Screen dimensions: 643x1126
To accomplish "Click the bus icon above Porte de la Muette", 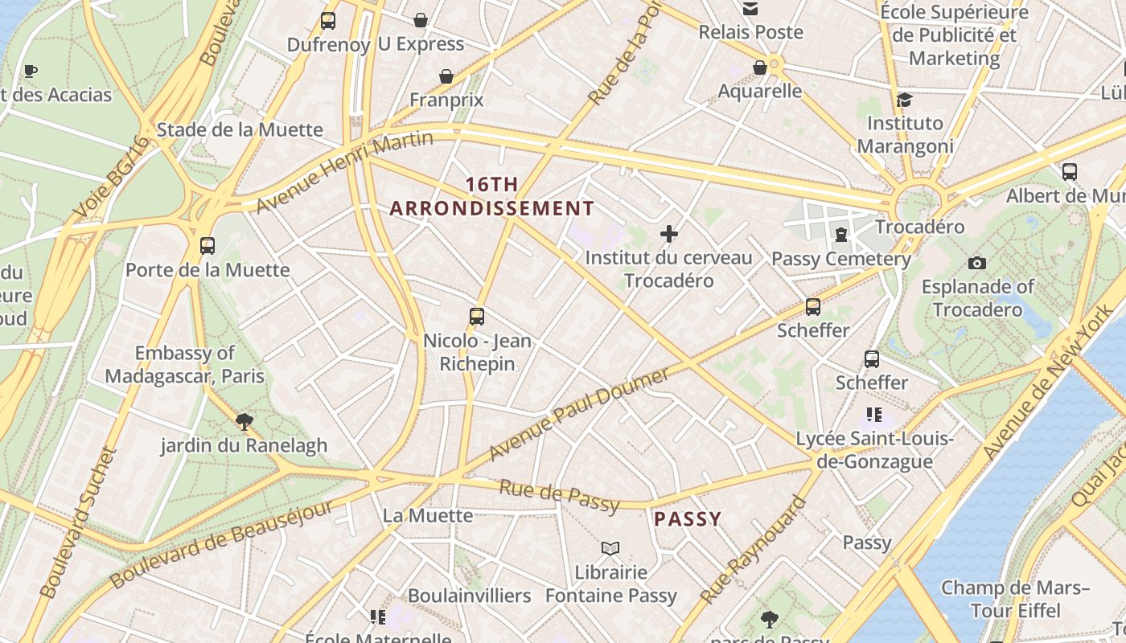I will click(208, 246).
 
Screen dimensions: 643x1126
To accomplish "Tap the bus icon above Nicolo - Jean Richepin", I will click(477, 317).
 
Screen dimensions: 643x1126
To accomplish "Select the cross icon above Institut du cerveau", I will click(668, 234).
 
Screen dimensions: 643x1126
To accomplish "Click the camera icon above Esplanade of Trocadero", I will click(977, 263).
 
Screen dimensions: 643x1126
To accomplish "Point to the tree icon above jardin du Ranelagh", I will click(244, 420).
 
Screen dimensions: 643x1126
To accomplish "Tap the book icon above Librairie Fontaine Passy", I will click(610, 548).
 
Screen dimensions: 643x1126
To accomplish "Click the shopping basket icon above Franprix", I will click(446, 76).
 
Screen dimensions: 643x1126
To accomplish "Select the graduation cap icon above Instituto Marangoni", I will click(905, 100).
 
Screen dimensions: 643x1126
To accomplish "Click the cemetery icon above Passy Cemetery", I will click(841, 235).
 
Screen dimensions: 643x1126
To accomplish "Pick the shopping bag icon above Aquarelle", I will click(759, 68).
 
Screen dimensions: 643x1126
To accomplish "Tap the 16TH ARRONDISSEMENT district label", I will click(492, 196).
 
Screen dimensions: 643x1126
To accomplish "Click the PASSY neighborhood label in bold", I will click(688, 519).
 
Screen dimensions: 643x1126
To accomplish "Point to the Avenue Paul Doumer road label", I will click(579, 415).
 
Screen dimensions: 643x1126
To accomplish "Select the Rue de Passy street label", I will click(560, 496).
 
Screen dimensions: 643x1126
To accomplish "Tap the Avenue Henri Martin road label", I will click(345, 172).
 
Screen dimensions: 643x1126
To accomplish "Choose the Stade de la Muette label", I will click(240, 129).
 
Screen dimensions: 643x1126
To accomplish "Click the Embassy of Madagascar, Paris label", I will click(184, 364).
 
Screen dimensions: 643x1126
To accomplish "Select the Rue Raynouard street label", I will click(753, 550).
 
